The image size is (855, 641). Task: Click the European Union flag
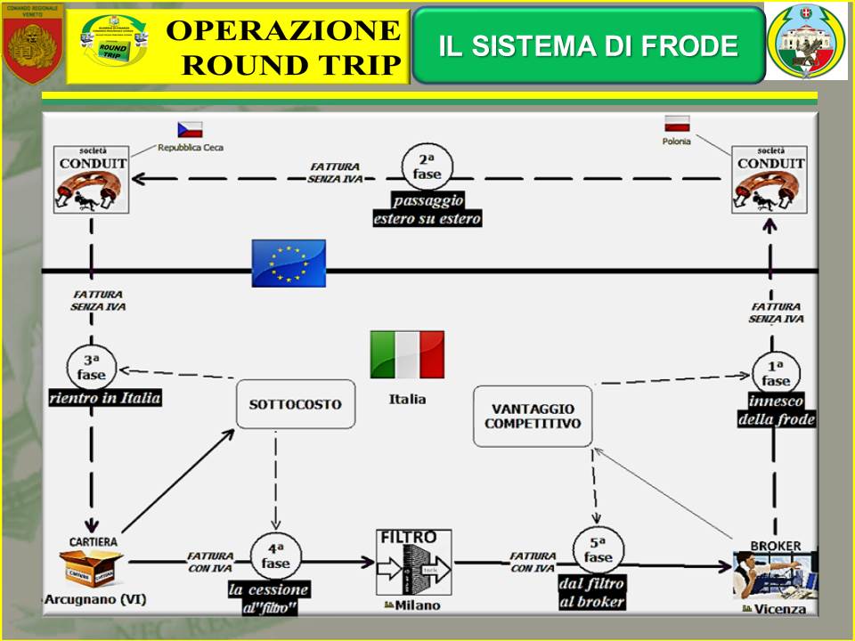click(x=289, y=263)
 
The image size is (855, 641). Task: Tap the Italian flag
click(x=407, y=354)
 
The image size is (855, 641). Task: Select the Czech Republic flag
click(x=190, y=129)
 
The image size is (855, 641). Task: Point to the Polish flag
click(x=677, y=123)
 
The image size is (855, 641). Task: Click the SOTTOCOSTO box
click(x=295, y=404)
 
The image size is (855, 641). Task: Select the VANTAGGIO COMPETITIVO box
click(x=532, y=416)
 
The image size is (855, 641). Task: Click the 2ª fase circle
click(x=427, y=166)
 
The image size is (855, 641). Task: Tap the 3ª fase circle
click(x=91, y=366)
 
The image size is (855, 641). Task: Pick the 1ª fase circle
click(x=776, y=372)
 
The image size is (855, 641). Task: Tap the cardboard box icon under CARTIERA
click(x=90, y=566)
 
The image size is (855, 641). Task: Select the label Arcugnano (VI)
click(x=88, y=599)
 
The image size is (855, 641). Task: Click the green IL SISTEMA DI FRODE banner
click(x=589, y=45)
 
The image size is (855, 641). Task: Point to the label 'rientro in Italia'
click(x=105, y=398)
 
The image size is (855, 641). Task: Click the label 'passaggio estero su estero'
click(x=427, y=209)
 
